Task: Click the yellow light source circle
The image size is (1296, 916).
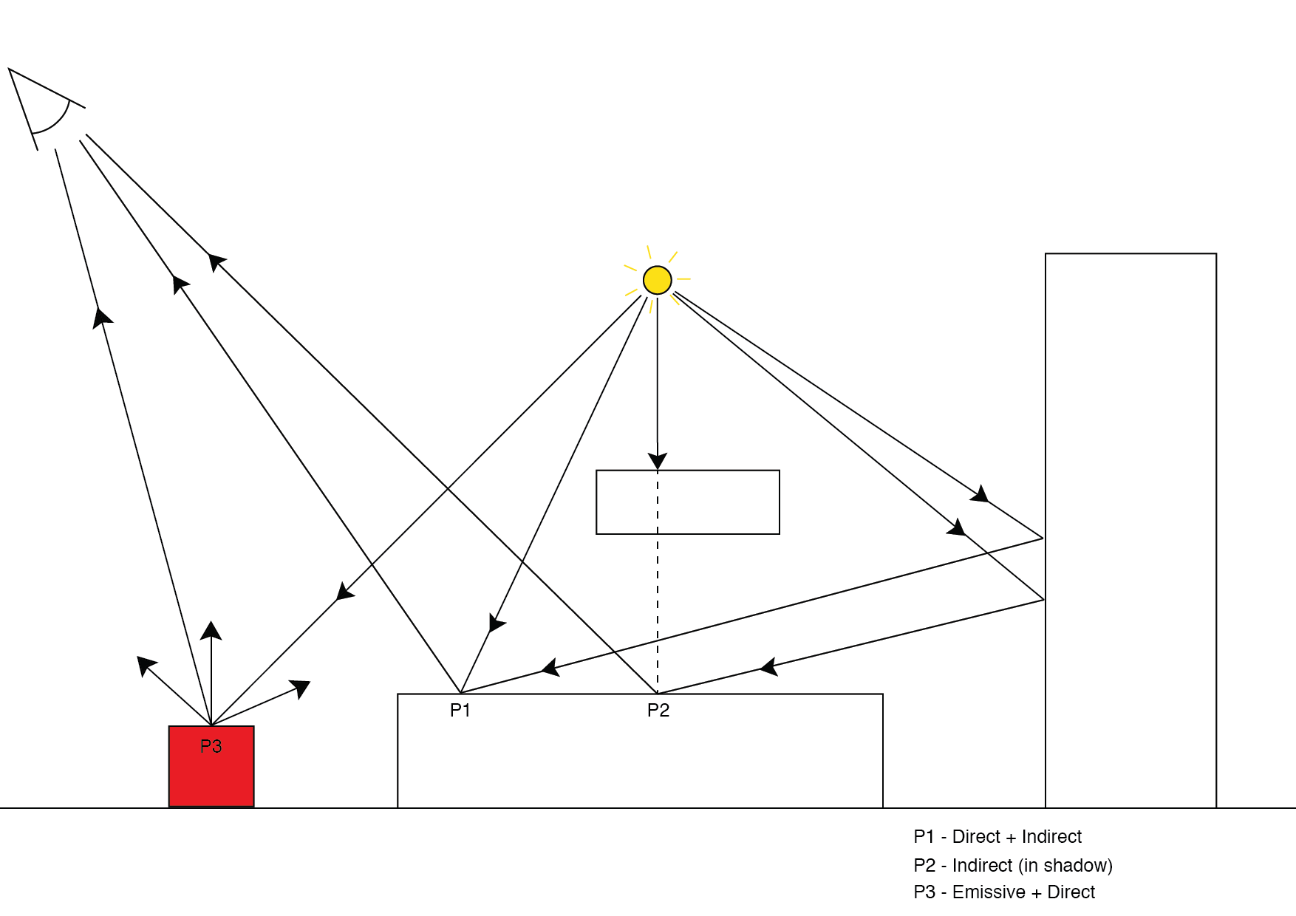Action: (x=657, y=280)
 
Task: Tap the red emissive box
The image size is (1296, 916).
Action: (x=211, y=776)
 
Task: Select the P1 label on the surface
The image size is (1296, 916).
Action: (x=460, y=711)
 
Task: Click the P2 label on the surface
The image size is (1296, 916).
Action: (x=658, y=711)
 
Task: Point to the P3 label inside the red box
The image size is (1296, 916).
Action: (x=211, y=747)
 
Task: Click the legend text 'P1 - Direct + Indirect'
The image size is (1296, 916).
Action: (x=997, y=837)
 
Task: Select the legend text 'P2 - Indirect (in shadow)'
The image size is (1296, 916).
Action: (x=1013, y=865)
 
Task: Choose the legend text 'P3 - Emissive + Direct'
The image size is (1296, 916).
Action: (x=1004, y=892)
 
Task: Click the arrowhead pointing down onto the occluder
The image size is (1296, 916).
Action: (x=658, y=459)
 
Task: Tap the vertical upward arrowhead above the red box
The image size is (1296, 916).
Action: (x=211, y=630)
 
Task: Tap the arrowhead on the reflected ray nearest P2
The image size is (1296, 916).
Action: (x=768, y=667)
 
